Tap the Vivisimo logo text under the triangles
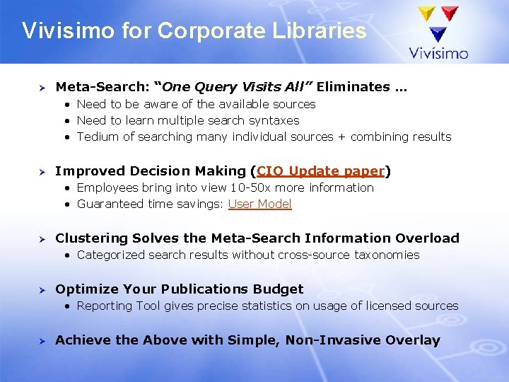438,53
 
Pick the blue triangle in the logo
438,33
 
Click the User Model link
259,204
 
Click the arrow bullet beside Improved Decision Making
41,172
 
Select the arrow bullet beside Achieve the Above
41,341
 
